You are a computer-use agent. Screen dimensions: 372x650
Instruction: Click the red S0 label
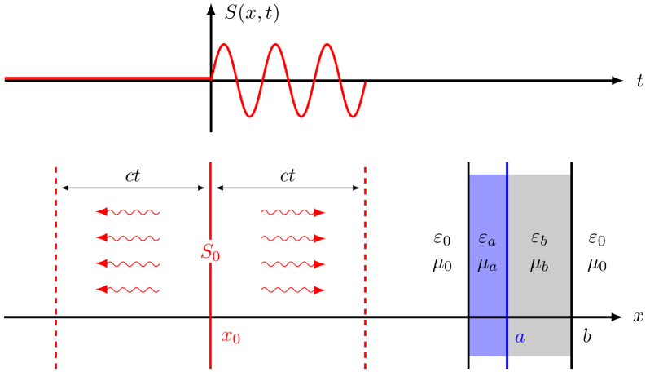pyautogui.click(x=210, y=253)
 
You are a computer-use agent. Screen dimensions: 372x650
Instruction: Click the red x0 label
pyautogui.click(x=231, y=337)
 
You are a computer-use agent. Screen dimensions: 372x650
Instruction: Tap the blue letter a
pyautogui.click(x=520, y=337)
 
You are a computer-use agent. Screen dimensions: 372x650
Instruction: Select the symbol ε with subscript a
pyautogui.click(x=487, y=239)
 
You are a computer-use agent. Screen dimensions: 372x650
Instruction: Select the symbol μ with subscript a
pyautogui.click(x=487, y=264)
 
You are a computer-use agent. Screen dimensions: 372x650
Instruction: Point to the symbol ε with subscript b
pyautogui.click(x=539, y=238)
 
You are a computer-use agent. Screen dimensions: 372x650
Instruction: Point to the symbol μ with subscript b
pyautogui.click(x=539, y=264)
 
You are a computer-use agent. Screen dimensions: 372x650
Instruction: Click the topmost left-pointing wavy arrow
pyautogui.click(x=128, y=212)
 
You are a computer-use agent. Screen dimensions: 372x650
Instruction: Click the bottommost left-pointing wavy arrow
pyautogui.click(x=128, y=289)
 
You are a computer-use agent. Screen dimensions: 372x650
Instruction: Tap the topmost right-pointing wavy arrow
pyautogui.click(x=293, y=212)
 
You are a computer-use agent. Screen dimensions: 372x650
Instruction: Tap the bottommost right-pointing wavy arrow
pyautogui.click(x=293, y=289)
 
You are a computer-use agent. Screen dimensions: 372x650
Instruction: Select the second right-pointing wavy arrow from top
pyautogui.click(x=293, y=238)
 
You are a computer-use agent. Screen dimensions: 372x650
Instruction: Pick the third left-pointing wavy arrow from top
pyautogui.click(x=128, y=263)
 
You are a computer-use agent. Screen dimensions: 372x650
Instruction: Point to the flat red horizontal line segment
pyautogui.click(x=106, y=78)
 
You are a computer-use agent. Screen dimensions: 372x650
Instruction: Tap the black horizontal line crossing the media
pyautogui.click(x=538, y=317)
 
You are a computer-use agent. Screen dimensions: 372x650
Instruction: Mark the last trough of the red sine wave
pyautogui.click(x=352, y=115)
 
